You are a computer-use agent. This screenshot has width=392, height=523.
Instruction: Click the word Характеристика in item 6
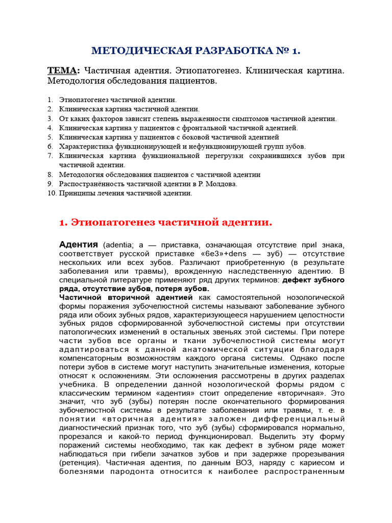(x=83, y=146)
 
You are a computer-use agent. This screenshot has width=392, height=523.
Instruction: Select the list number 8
(x=50, y=174)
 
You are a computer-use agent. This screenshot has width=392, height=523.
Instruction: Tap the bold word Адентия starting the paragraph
(x=79, y=245)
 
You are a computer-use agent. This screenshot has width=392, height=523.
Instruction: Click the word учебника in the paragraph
(x=76, y=384)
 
